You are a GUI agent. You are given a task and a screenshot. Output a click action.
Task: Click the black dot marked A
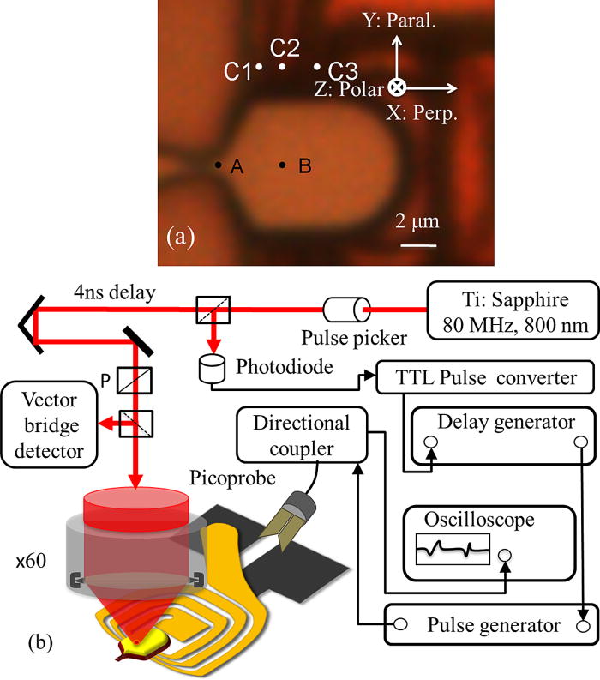tap(218, 164)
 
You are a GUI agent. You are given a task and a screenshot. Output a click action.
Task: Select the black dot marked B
tap(282, 165)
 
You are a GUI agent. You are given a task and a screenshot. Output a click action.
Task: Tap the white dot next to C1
tap(258, 66)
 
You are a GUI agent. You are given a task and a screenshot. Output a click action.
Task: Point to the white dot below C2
tap(283, 65)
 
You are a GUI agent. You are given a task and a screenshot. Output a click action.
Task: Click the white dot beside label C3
tap(317, 66)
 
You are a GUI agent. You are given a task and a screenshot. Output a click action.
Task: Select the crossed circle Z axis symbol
tap(396, 87)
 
